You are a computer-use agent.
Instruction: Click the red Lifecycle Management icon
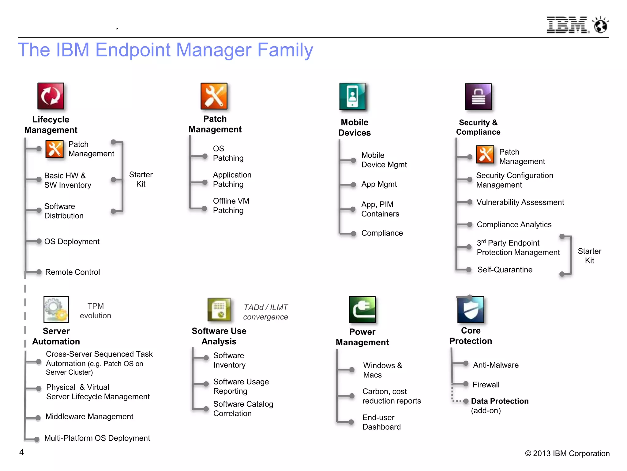(x=51, y=96)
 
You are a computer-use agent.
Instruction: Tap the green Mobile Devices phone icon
(x=352, y=96)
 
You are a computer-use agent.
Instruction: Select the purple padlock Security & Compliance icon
(x=478, y=97)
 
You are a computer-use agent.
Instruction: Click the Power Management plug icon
(x=362, y=309)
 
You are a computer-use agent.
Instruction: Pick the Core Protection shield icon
(x=471, y=310)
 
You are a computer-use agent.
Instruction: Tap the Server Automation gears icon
(x=56, y=309)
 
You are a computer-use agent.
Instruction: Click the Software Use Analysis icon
(x=219, y=309)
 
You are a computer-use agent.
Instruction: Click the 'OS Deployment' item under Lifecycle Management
(x=72, y=242)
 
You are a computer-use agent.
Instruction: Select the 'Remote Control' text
(x=73, y=272)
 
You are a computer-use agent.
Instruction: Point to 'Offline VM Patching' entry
(x=231, y=206)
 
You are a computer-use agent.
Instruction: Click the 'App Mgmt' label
(x=379, y=184)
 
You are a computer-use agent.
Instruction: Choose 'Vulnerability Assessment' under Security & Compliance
(x=520, y=202)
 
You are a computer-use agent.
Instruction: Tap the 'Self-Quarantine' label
(x=505, y=270)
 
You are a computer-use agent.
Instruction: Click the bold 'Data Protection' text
(x=500, y=401)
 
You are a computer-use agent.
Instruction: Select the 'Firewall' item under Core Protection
(x=486, y=385)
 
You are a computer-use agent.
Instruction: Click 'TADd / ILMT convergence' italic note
(x=265, y=312)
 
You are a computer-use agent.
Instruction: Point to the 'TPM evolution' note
(x=96, y=311)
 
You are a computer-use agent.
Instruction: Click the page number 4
(x=21, y=452)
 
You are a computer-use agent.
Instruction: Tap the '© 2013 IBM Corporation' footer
(x=567, y=454)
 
